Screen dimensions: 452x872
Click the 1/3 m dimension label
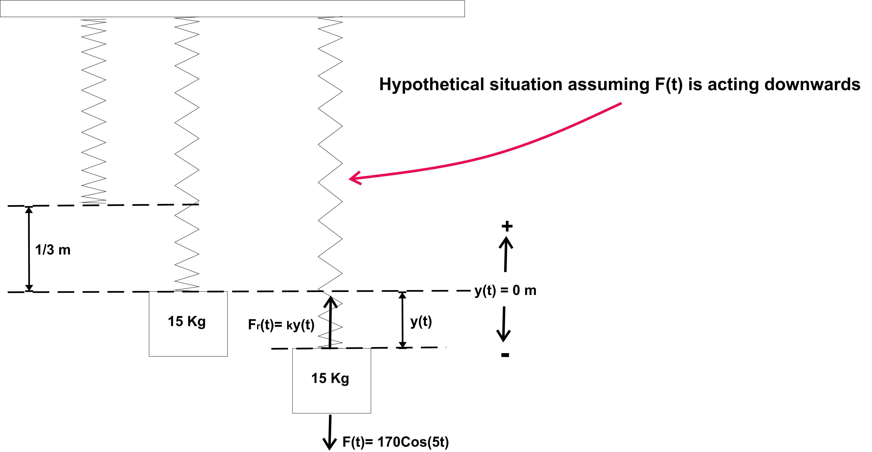[53, 250]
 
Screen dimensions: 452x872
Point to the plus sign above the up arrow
[507, 226]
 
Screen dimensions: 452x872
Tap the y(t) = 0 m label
[505, 290]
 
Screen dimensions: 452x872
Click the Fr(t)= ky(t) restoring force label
[281, 325]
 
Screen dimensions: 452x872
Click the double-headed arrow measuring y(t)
[402, 320]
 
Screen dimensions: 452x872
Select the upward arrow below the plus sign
[506, 254]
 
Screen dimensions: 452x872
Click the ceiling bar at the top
[232, 8]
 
